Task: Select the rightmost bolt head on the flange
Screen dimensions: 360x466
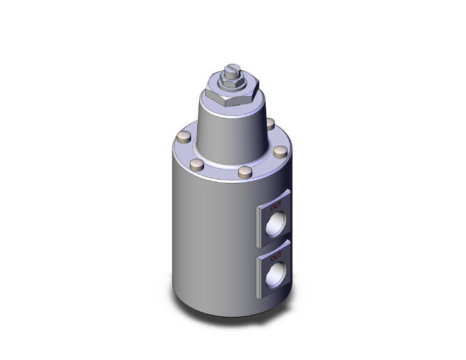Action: click(281, 152)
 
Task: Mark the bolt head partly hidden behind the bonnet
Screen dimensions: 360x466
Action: click(270, 123)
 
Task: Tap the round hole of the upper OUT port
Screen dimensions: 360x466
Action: click(276, 224)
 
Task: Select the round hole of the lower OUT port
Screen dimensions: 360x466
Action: click(276, 274)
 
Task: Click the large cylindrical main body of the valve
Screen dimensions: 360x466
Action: click(207, 238)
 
